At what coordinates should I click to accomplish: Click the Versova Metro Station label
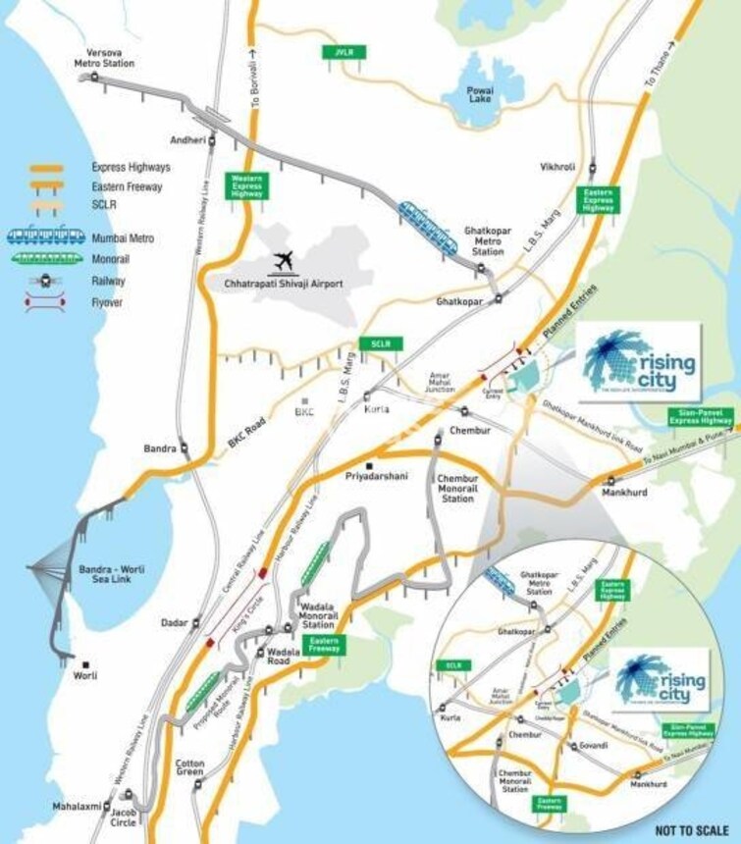104,57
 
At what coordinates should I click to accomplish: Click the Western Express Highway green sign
246,186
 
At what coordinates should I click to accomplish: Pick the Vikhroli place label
556,167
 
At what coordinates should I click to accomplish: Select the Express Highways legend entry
130,168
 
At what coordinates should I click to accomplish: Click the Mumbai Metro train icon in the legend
44,237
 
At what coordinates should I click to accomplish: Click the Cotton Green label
189,768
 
